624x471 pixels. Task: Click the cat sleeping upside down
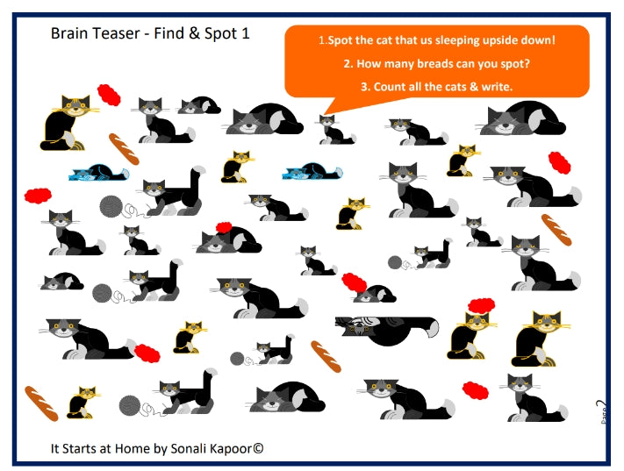[386, 327]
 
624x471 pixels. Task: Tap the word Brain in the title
[70, 34]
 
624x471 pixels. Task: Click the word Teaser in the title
[118, 34]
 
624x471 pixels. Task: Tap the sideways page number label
[600, 412]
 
